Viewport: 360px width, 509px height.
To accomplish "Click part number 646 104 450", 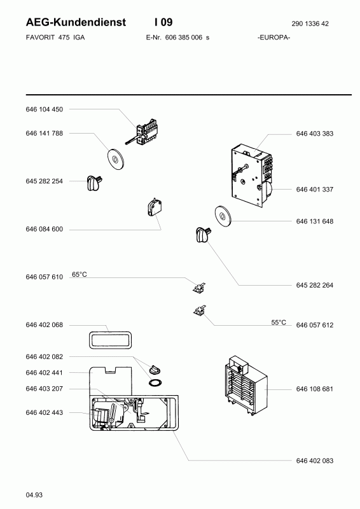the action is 44,109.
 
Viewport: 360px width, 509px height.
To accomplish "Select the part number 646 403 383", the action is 315,134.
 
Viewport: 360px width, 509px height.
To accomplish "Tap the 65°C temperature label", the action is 80,275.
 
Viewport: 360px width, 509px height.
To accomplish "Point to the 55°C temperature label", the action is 279,323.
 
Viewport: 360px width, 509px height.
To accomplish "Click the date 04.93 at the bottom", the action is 34,495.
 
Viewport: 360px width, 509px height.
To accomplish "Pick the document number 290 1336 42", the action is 310,24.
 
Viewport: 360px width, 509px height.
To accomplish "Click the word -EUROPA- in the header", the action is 273,38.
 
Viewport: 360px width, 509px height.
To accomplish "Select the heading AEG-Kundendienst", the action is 76,22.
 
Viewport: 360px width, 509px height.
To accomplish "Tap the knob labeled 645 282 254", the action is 95,183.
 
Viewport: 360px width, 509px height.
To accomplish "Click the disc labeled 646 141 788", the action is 115,159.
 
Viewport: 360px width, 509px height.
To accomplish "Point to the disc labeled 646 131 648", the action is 223,216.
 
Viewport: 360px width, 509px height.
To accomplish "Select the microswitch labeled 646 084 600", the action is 155,208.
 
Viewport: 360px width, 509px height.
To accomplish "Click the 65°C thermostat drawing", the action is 199,288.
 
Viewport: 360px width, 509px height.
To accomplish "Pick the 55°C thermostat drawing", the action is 199,311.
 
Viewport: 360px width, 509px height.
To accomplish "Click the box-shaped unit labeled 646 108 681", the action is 246,386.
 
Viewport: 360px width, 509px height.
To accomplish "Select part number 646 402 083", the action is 315,461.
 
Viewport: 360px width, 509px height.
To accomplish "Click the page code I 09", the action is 163,22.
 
